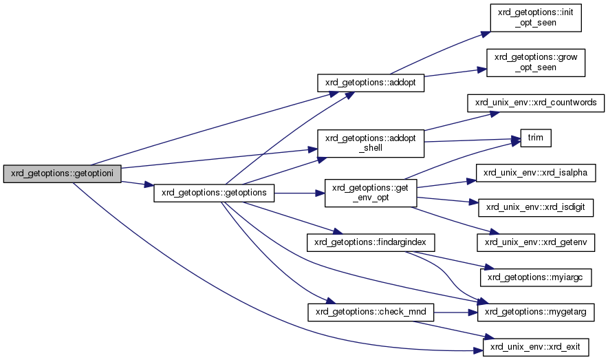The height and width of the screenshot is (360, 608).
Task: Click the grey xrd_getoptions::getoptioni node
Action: (63, 174)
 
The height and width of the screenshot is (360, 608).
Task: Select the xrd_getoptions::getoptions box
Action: (213, 193)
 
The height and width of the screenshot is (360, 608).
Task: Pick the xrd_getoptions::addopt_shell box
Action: (371, 143)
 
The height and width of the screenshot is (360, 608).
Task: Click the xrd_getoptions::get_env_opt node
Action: (371, 193)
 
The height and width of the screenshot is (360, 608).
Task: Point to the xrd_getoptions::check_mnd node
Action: (371, 312)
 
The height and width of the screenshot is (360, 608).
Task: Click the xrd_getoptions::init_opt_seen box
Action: (536, 17)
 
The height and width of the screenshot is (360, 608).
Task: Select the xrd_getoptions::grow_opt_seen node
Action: (536, 62)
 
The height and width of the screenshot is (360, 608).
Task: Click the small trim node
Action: (536, 138)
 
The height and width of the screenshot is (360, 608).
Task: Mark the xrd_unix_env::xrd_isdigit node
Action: (536, 206)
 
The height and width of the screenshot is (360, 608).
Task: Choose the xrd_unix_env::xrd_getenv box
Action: (536, 242)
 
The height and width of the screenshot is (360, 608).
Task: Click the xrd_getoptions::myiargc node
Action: (536, 277)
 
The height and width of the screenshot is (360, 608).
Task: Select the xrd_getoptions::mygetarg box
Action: (536, 312)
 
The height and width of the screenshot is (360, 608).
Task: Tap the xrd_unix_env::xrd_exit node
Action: (536, 346)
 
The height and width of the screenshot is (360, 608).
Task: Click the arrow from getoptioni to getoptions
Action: (138, 183)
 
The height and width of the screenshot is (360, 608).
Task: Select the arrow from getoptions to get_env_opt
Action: (299, 193)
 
